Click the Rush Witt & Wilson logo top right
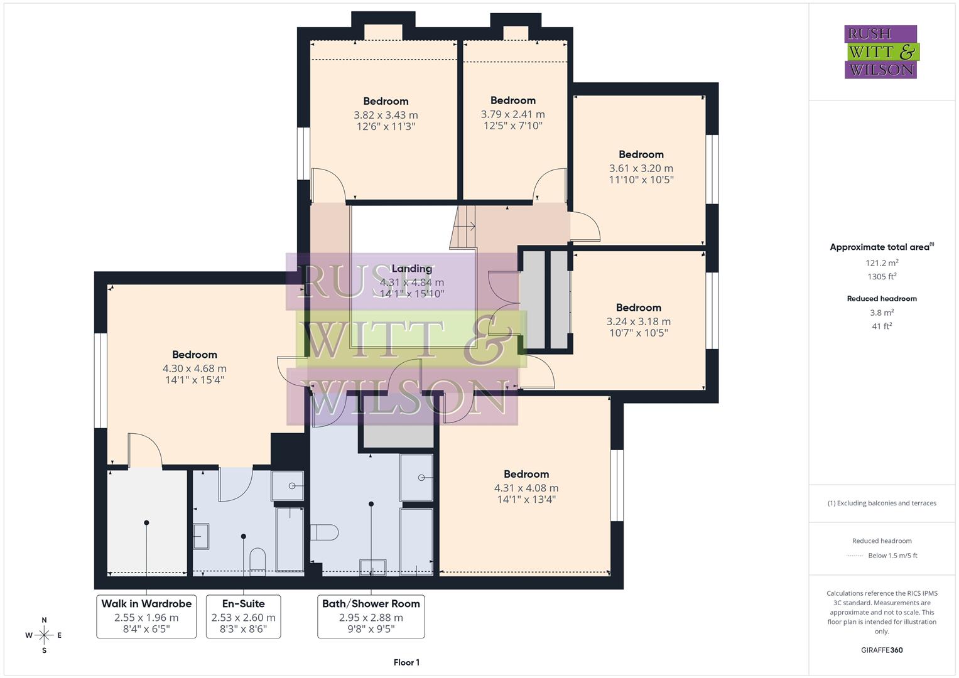coord(880,51)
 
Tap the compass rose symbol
coord(44,635)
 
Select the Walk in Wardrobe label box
coord(146,616)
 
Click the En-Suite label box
coord(243,616)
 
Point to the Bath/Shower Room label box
coord(371,616)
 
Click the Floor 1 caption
coord(406,662)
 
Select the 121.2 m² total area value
coord(882,263)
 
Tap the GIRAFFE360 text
coord(882,650)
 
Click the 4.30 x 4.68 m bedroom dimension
coord(195,369)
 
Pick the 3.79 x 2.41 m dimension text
coord(512,114)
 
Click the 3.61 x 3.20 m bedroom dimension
coord(641,168)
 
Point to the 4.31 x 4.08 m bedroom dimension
coord(526,488)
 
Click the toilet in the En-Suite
coord(257,560)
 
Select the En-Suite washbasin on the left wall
coord(201,537)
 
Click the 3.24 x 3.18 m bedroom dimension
coord(638,321)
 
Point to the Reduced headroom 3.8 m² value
coord(882,313)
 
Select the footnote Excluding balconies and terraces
coord(882,503)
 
